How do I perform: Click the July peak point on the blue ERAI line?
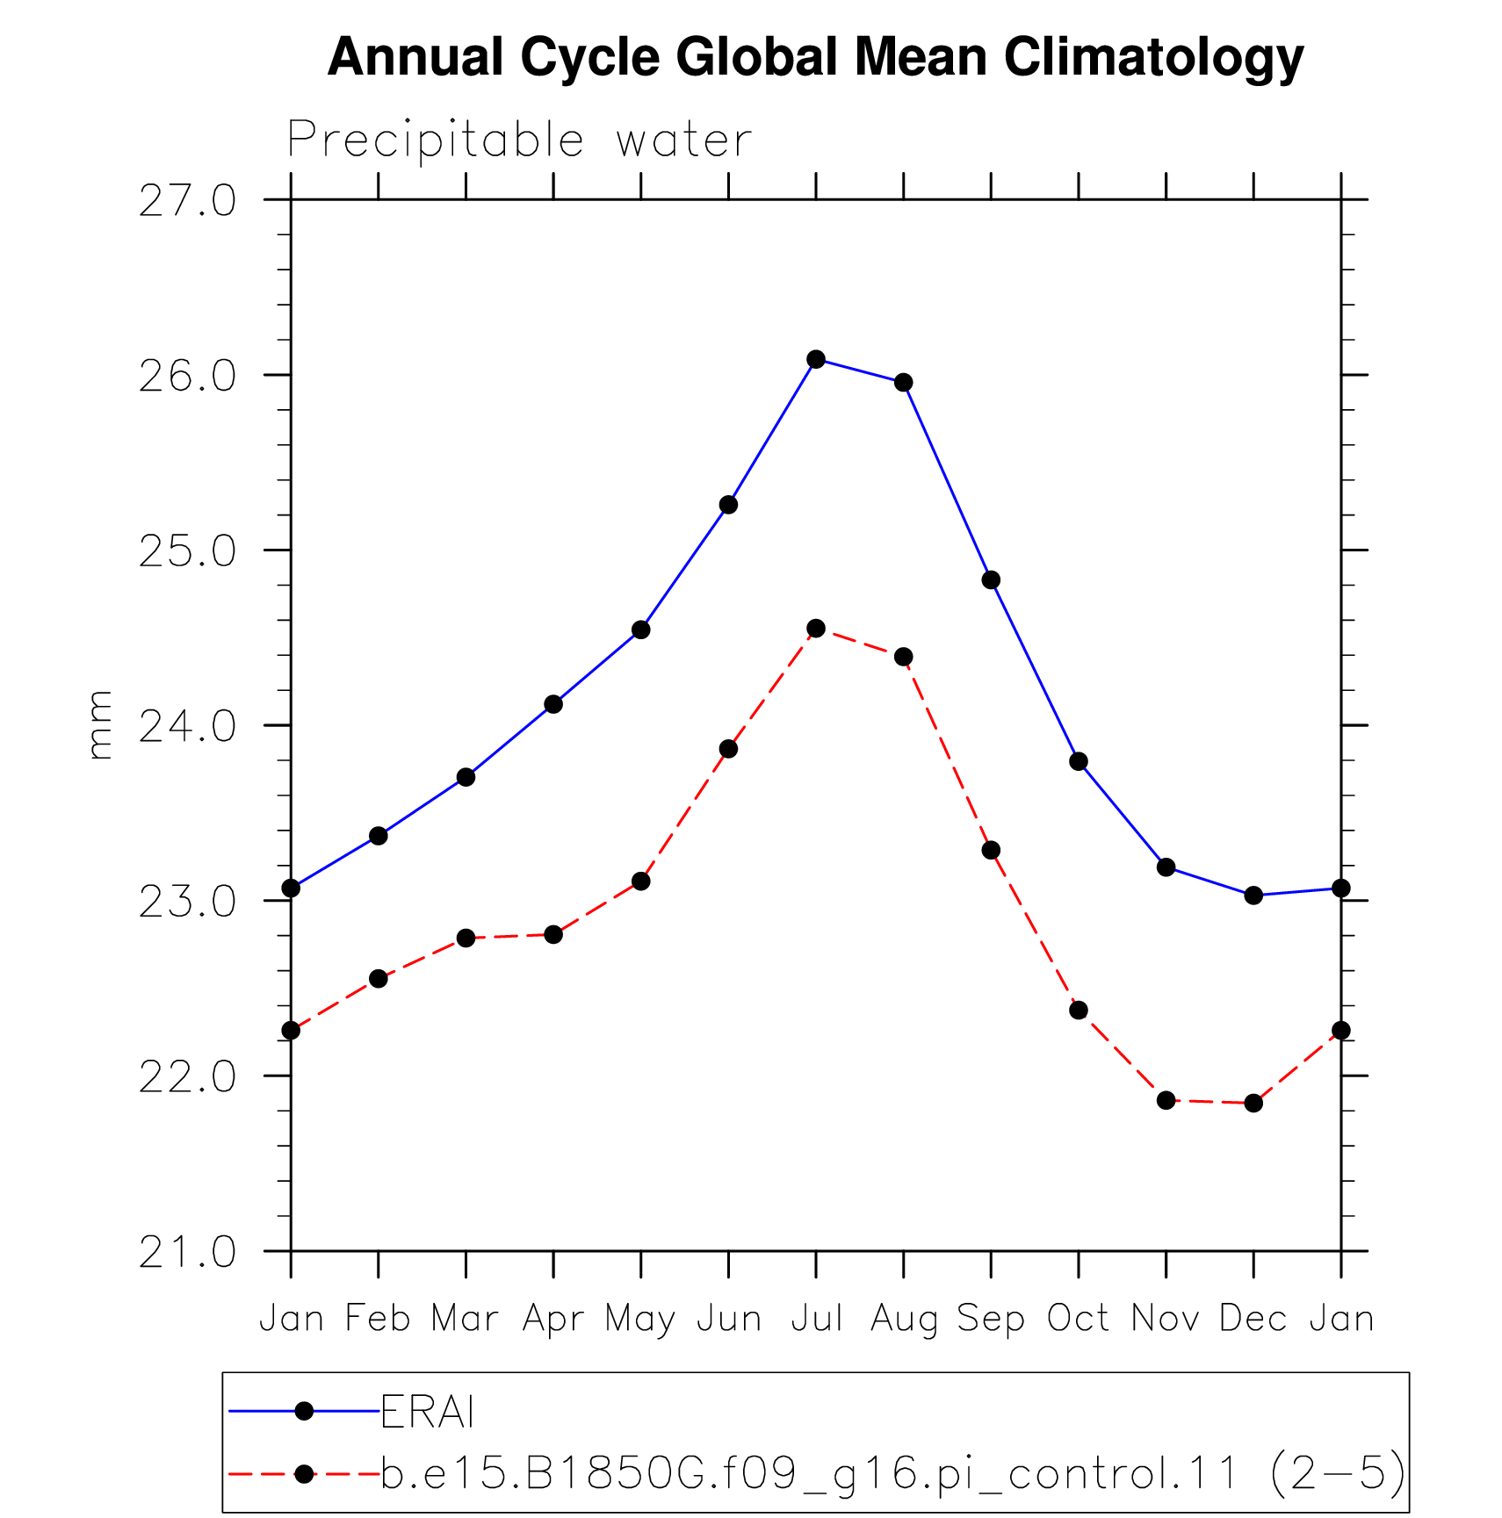click(816, 359)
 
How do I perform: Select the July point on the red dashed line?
click(816, 628)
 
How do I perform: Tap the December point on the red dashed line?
click(1253, 1103)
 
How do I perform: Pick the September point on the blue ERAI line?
click(991, 579)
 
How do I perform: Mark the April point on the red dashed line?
click(553, 934)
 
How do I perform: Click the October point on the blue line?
click(1079, 761)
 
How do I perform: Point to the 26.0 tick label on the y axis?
click(188, 377)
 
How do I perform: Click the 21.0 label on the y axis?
click(188, 1252)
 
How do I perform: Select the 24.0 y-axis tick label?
click(188, 727)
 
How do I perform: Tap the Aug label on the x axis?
click(904, 1320)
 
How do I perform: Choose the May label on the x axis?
click(640, 1320)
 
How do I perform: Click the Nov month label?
click(1166, 1319)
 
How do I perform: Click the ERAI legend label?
click(428, 1412)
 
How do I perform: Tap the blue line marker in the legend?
click(304, 1411)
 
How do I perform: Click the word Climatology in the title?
click(1153, 59)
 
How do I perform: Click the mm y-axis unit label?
click(100, 725)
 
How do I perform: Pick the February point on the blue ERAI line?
click(379, 835)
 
